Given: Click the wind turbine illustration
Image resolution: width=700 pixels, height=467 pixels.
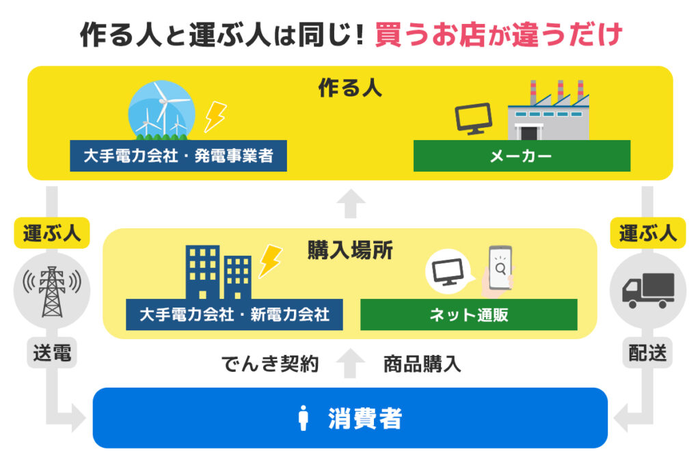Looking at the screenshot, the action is (161, 110).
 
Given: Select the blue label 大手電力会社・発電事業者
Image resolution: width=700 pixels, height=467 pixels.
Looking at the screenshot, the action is (178, 156).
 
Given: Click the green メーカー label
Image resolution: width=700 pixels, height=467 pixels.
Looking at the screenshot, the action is (522, 156).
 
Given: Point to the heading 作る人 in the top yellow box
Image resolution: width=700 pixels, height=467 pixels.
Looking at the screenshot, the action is (350, 88).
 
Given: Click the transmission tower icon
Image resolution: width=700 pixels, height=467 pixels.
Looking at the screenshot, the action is (52, 291).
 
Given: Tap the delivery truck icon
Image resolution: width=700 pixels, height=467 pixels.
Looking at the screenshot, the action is (648, 291).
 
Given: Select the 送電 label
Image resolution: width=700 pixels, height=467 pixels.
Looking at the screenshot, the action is (52, 353).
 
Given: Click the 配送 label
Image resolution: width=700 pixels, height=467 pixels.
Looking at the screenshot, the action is (648, 353).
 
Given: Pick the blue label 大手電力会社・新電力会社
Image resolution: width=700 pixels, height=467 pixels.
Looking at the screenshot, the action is (234, 315).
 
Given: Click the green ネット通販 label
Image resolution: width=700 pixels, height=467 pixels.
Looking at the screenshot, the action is (469, 315).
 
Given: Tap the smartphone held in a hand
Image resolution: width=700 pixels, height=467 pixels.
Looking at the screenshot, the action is (498, 271).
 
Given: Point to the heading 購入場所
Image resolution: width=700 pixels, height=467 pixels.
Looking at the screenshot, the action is (350, 250).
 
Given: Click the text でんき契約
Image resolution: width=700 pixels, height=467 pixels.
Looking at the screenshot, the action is (270, 364).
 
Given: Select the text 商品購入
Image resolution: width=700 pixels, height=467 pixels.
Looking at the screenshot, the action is (422, 364).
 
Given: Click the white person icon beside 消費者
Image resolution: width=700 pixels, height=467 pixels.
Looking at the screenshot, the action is (304, 418).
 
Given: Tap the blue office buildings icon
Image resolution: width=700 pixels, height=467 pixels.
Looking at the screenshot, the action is (218, 272).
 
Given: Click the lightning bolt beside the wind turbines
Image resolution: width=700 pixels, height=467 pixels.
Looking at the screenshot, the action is (215, 117).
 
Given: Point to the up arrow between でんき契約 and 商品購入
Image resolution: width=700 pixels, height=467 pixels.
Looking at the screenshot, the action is (351, 363).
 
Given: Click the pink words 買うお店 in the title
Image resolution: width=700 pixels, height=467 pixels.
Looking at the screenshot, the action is (430, 35).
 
